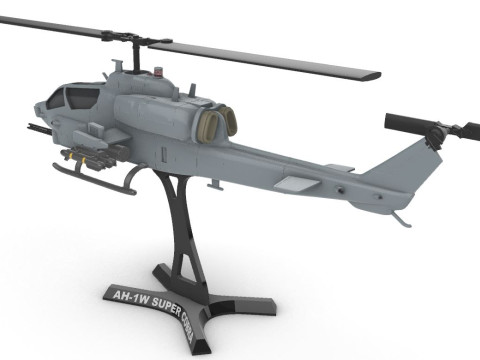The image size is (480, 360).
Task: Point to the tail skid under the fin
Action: pos(401,215)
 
